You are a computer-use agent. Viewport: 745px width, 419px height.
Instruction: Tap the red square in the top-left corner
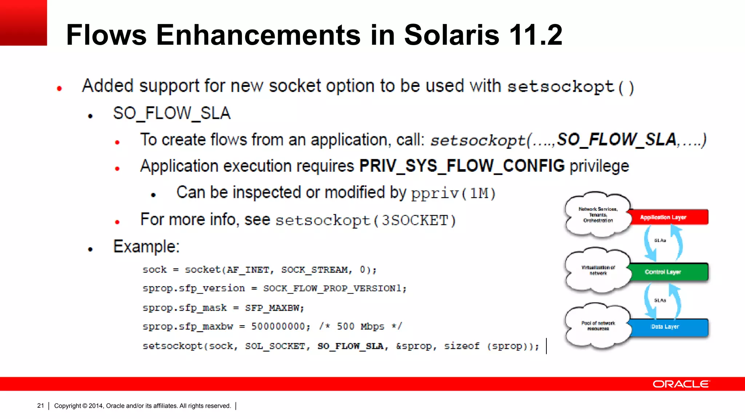(23, 23)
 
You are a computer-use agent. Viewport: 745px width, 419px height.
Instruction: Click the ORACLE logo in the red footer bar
(681, 384)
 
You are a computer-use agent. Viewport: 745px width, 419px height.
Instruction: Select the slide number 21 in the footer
(40, 406)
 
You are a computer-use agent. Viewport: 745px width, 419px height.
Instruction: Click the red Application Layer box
(669, 217)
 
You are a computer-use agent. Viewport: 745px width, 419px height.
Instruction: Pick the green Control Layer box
(669, 272)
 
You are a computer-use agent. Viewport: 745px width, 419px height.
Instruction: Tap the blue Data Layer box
(669, 327)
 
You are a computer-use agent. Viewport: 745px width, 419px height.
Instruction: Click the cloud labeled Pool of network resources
(598, 326)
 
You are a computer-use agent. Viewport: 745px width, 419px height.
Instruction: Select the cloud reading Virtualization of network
(598, 270)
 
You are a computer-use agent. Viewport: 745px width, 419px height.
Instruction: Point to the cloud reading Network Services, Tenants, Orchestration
(598, 215)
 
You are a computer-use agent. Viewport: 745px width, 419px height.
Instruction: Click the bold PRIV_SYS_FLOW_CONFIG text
(462, 166)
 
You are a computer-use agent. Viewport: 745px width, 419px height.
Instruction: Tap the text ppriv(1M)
(453, 193)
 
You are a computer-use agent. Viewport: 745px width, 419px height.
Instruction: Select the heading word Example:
(146, 247)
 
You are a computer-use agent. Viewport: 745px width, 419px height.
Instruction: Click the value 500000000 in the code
(280, 326)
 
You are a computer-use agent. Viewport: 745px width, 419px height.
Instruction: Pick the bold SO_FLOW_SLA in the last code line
(350, 346)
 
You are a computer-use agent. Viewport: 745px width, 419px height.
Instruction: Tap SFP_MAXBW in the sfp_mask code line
(274, 308)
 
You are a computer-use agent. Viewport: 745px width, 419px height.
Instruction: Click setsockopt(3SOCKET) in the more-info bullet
(366, 220)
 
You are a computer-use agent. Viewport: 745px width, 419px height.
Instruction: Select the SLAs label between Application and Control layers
(660, 240)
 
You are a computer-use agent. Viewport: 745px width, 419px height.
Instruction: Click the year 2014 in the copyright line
(96, 406)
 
